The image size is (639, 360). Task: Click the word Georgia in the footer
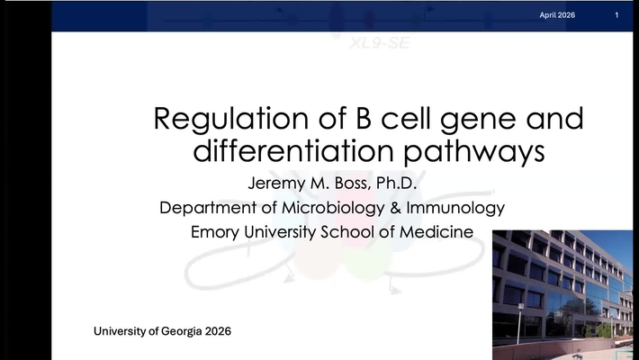point(175,331)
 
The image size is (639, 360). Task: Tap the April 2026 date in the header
point(557,16)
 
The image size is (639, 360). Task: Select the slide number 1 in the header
point(616,16)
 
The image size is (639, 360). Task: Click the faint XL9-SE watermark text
point(378,41)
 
